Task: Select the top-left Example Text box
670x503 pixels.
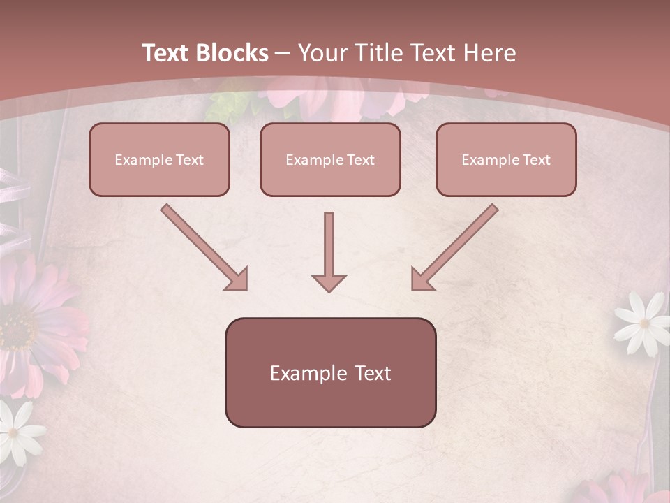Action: pos(159,160)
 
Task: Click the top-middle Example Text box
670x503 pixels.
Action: pos(330,160)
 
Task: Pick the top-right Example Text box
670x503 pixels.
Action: pos(506,160)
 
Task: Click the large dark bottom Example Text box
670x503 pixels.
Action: pos(330,373)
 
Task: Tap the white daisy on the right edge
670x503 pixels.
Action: pos(643,321)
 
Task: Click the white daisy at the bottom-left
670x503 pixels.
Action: pos(15,432)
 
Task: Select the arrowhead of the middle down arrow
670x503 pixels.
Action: pos(329,282)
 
